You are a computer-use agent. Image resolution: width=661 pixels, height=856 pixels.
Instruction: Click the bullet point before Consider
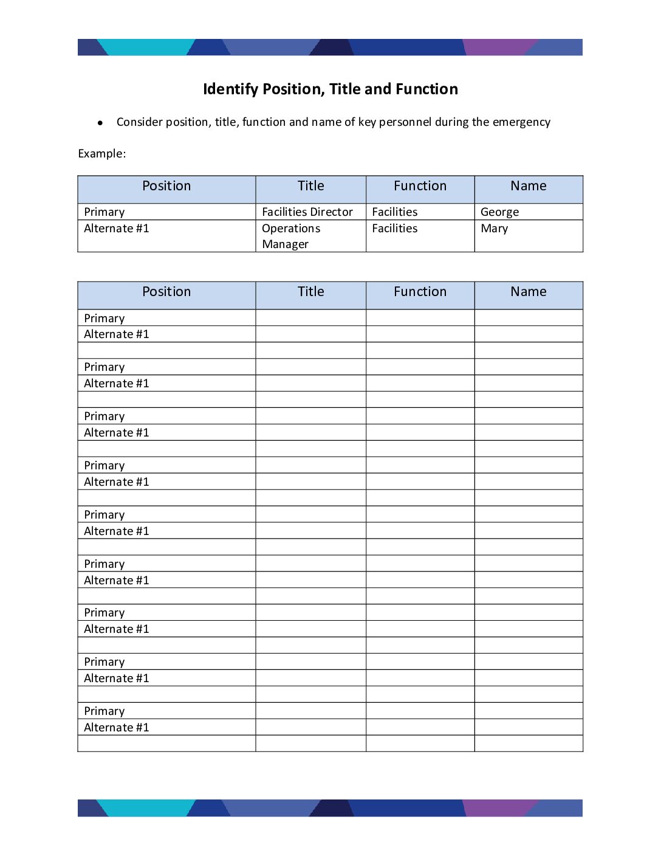pyautogui.click(x=100, y=123)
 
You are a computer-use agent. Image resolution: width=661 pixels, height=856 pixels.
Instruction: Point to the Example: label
pyautogui.click(x=102, y=154)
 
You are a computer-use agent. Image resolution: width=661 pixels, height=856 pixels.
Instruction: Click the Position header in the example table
pyautogui.click(x=166, y=186)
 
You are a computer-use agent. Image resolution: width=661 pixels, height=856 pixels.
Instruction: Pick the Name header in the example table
pyautogui.click(x=528, y=186)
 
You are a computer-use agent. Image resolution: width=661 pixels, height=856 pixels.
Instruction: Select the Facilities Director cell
pyautogui.click(x=307, y=212)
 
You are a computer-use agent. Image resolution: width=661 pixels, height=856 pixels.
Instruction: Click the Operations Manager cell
pyautogui.click(x=291, y=236)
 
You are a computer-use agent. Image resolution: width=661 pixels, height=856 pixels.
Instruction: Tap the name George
pyautogui.click(x=499, y=212)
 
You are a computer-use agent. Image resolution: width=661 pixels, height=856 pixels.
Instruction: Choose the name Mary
pyautogui.click(x=494, y=229)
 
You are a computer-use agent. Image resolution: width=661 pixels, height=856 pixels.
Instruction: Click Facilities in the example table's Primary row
pyautogui.click(x=394, y=212)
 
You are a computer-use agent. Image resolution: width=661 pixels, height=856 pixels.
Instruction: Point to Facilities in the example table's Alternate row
pyautogui.click(x=394, y=229)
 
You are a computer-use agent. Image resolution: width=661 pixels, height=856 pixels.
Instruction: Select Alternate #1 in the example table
pyautogui.click(x=116, y=229)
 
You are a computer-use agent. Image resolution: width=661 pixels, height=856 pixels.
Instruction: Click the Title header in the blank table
pyautogui.click(x=310, y=292)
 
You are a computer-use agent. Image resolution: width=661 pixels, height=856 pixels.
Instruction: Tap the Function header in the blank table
pyautogui.click(x=420, y=292)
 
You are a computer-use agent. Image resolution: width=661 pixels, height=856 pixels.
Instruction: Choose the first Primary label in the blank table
pyautogui.click(x=104, y=319)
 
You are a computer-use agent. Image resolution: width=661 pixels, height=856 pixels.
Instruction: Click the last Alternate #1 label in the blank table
pyautogui.click(x=116, y=728)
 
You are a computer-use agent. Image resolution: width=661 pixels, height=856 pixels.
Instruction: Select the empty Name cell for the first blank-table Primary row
pyautogui.click(x=529, y=318)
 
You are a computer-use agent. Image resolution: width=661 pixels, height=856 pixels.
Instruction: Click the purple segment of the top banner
pyautogui.click(x=495, y=47)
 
